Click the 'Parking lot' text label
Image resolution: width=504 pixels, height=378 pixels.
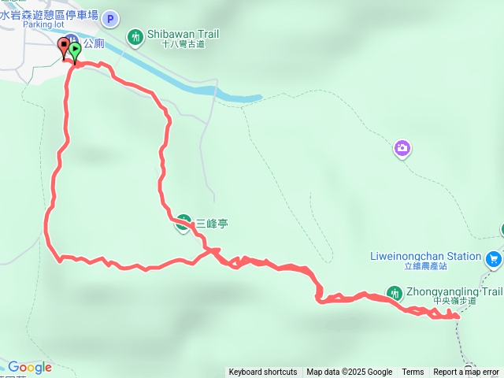[43, 24]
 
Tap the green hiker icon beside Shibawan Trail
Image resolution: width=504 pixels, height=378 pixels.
[135, 36]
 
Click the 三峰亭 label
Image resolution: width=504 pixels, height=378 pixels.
[212, 223]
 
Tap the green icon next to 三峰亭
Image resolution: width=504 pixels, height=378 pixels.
[183, 223]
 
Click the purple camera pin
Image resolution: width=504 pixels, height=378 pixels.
[402, 148]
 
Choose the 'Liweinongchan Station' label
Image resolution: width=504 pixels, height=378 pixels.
[424, 256]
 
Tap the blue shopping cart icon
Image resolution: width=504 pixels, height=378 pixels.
[494, 258]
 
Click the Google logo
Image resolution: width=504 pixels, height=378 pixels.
[29, 368]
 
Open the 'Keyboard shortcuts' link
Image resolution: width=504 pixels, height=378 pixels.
[263, 372]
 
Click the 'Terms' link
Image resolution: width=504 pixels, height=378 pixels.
[413, 372]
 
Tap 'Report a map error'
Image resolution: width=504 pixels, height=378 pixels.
[466, 372]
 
